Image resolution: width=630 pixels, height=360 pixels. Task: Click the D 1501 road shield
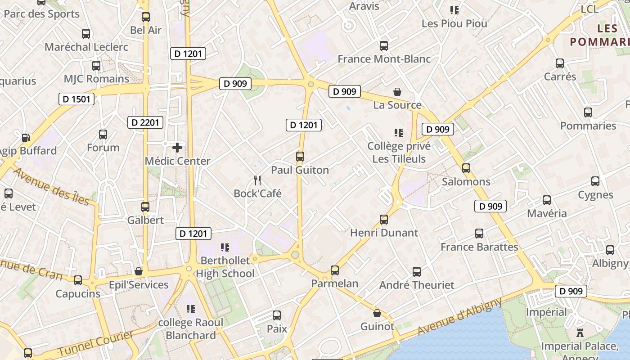pyautogui.click(x=76, y=99)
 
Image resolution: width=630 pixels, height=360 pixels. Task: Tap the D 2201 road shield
pyautogui.click(x=145, y=122)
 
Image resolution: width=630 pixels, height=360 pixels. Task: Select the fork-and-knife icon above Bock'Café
pyautogui.click(x=257, y=180)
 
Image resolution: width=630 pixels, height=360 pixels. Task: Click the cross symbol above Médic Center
pyautogui.click(x=177, y=147)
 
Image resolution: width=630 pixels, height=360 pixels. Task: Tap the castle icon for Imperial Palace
pyautogui.click(x=580, y=333)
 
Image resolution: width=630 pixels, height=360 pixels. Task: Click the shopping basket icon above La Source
pyautogui.click(x=397, y=92)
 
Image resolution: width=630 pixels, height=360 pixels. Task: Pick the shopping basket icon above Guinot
pyautogui.click(x=377, y=313)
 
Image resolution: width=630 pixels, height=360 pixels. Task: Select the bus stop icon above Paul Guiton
pyautogui.click(x=300, y=157)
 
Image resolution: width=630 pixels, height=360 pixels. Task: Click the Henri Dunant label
pyautogui.click(x=384, y=233)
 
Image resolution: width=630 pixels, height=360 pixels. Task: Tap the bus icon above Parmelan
pyautogui.click(x=335, y=270)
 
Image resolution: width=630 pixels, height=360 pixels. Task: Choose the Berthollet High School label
pyautogui.click(x=225, y=267)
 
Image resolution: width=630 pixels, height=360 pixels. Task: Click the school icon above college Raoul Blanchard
pyautogui.click(x=191, y=309)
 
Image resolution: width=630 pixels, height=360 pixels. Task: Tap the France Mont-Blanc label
pyautogui.click(x=384, y=59)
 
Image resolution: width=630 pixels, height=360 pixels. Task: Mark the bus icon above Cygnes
pyautogui.click(x=595, y=181)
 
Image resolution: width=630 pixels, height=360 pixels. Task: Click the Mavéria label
pyautogui.click(x=547, y=213)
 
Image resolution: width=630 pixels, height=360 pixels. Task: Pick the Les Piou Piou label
pyautogui.click(x=454, y=23)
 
